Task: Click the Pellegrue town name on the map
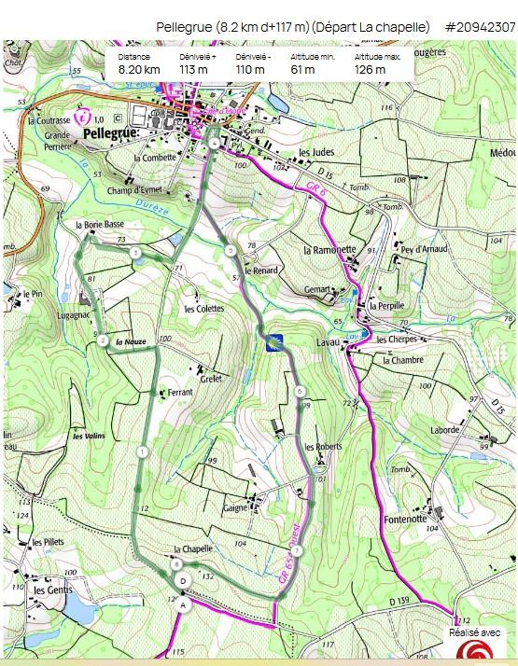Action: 110,134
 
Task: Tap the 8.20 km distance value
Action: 138,69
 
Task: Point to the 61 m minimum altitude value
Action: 302,69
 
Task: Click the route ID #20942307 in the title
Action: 480,27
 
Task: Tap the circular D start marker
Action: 184,580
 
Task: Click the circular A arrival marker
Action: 184,604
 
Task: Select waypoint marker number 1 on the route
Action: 142,452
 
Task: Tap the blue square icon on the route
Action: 274,342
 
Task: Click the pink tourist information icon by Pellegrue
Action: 83,118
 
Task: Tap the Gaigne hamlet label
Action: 234,508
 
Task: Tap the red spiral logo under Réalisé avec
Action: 476,650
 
